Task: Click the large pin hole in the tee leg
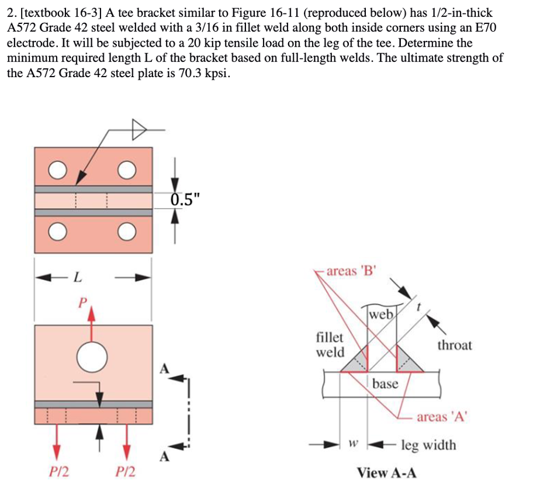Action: coord(92,356)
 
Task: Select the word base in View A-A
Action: coord(385,383)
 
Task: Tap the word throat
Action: coord(454,345)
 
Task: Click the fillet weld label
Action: coord(330,345)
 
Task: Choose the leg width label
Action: coord(428,445)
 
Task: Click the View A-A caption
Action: coord(387,472)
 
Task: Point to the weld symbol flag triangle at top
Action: coord(137,130)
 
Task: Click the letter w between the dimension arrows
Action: coord(352,445)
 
